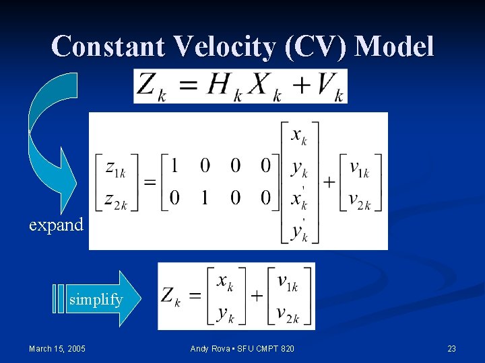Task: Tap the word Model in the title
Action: (394, 46)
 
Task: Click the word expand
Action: (56, 225)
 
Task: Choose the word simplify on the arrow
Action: (96, 300)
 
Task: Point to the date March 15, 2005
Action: (57, 348)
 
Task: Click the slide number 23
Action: (451, 348)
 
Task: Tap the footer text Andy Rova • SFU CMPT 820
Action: (243, 348)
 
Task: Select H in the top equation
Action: (219, 86)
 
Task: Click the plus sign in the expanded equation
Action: (329, 182)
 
